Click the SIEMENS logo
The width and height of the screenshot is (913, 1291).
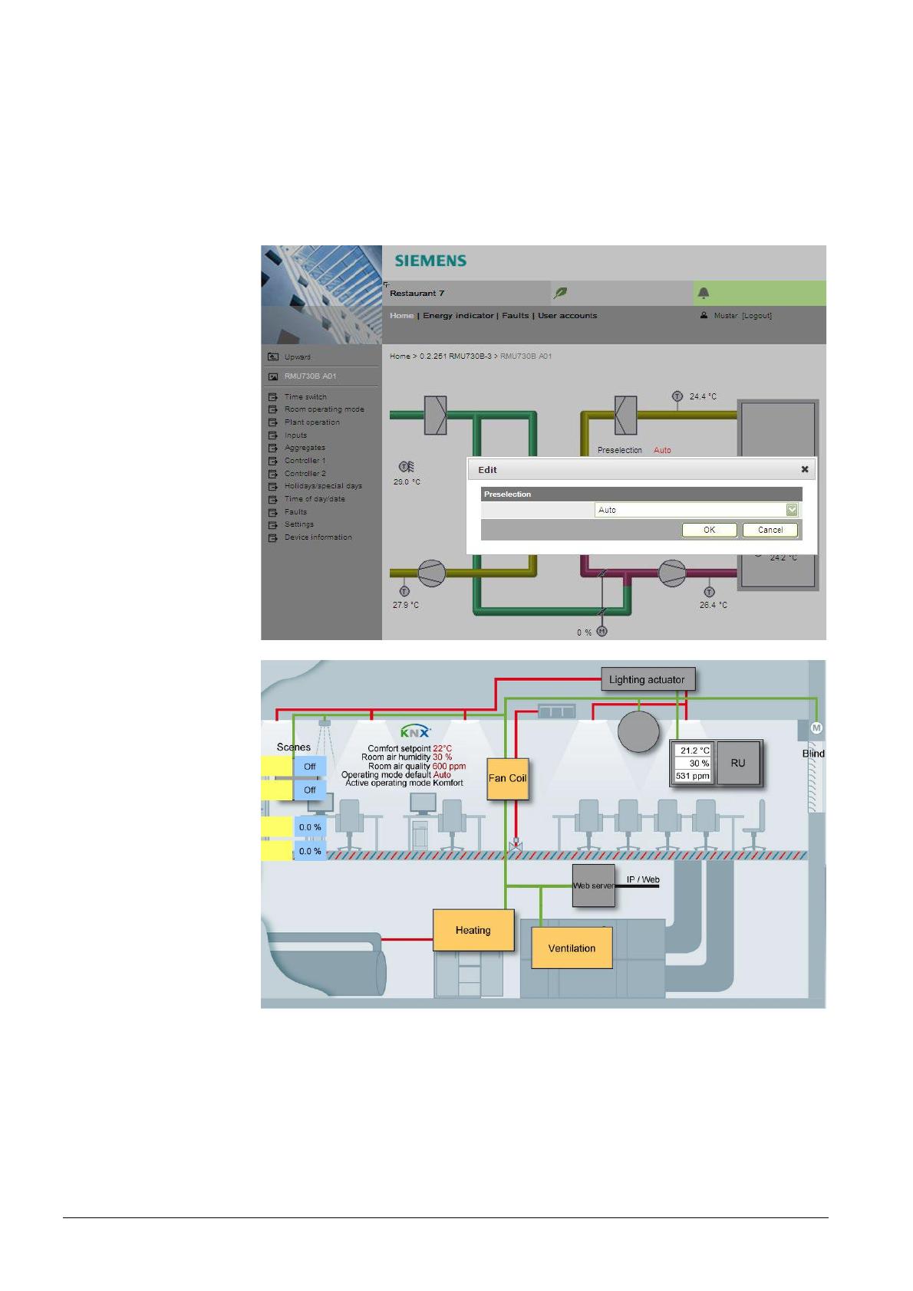[430, 261]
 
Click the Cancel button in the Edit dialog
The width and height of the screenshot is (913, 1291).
[770, 530]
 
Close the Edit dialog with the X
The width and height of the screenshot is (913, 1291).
[805, 469]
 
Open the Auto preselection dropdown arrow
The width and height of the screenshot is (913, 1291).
[792, 510]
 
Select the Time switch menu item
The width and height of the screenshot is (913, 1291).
[305, 397]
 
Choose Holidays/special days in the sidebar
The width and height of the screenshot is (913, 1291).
[323, 486]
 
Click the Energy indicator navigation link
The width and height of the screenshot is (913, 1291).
[458, 316]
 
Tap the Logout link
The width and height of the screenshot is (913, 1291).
[756, 316]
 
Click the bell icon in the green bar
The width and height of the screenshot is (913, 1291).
[704, 293]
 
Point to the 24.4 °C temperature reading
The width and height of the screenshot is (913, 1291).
[703, 396]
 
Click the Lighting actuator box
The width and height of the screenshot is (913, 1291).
[647, 679]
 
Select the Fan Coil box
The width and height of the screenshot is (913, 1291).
[508, 778]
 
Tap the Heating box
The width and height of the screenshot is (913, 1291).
[473, 930]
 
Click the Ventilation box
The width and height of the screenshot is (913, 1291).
[572, 948]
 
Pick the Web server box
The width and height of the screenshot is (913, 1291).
[594, 885]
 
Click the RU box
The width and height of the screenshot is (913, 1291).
[738, 763]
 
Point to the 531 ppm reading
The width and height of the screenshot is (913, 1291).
[692, 776]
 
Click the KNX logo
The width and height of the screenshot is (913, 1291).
[415, 731]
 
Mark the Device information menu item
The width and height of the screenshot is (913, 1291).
[318, 537]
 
